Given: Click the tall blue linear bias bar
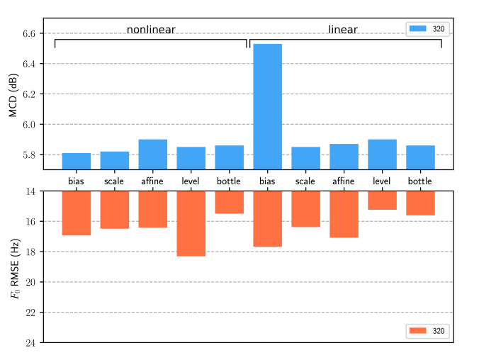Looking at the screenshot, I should (x=267, y=106).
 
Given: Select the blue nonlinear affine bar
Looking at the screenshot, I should (x=152, y=154).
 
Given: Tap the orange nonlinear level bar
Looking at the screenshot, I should (x=191, y=223).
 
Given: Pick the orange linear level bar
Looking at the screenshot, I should (x=382, y=200).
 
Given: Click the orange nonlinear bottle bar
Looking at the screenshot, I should (x=229, y=202).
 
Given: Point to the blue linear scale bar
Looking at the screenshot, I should (x=305, y=157).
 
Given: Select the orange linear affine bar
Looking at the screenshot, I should (x=344, y=214).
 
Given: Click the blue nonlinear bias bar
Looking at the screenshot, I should (x=76, y=161).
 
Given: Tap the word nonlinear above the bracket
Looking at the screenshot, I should (x=151, y=30).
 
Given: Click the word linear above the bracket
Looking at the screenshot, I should (x=342, y=30).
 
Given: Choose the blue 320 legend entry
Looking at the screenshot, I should (x=428, y=28).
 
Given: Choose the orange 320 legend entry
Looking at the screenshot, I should (x=428, y=331).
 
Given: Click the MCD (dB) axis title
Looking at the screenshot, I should (x=13, y=94).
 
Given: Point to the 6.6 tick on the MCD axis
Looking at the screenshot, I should (x=33, y=33).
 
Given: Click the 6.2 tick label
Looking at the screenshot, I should (x=33, y=94).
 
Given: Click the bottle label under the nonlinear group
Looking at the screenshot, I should (x=229, y=181).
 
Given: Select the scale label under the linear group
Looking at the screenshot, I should (x=305, y=181).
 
